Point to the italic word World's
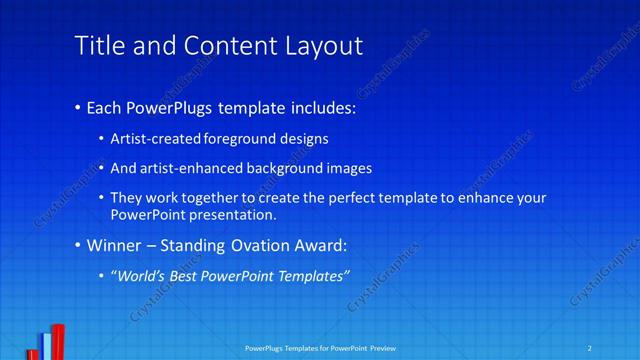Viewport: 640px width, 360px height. (139, 275)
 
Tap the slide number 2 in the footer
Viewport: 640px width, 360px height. (590, 348)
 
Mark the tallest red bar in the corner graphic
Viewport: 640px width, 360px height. (59, 342)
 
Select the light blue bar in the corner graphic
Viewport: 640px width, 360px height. (46, 346)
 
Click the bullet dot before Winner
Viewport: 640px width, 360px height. (79, 246)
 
